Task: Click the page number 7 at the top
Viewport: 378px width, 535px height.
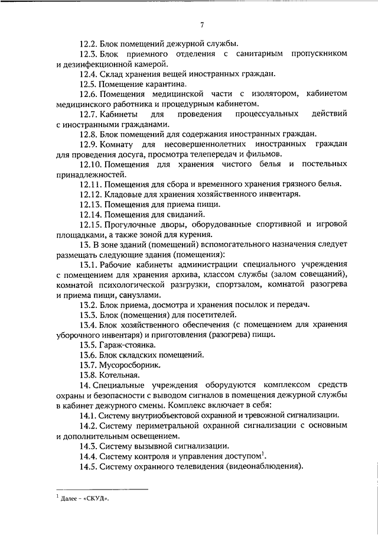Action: tap(202, 24)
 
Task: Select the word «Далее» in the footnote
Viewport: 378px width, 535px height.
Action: tap(70, 498)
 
